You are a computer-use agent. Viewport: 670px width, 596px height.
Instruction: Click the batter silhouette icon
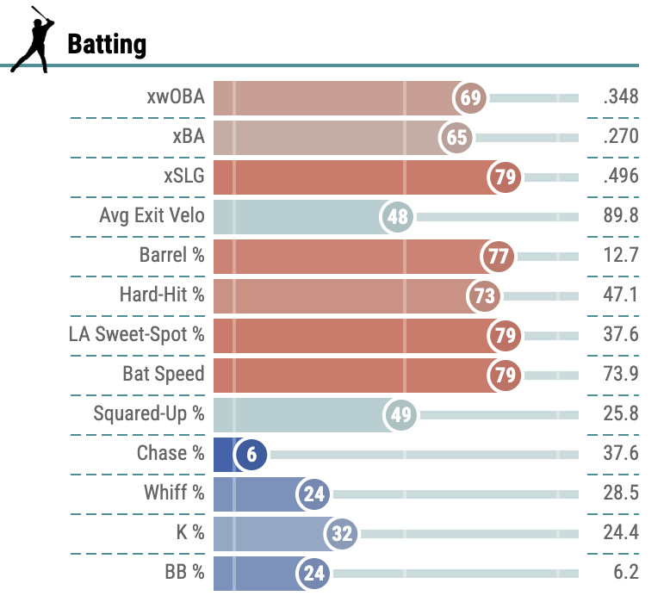32,39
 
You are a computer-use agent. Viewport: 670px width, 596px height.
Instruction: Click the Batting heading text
107,44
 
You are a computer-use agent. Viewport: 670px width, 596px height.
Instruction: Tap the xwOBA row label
176,97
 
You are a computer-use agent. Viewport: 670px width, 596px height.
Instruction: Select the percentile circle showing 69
470,97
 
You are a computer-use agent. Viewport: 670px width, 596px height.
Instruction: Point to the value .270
621,137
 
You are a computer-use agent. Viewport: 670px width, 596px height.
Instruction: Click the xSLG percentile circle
505,177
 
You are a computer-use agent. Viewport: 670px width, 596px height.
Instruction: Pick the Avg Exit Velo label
152,215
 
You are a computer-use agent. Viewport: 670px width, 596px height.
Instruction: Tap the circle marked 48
397,216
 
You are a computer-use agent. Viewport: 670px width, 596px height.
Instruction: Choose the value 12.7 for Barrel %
621,255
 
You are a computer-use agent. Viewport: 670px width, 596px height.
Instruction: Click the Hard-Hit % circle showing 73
485,295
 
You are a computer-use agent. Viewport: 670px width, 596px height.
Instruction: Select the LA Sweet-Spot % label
137,334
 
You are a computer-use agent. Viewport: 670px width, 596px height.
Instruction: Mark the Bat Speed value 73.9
621,374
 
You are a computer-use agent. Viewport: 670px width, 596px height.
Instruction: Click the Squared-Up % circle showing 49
400,414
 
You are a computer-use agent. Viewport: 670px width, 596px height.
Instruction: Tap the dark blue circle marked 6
251,454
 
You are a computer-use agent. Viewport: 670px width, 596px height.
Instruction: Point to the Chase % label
171,453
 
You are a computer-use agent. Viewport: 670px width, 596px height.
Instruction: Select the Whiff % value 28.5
621,493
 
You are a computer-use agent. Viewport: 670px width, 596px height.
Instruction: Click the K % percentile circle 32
342,533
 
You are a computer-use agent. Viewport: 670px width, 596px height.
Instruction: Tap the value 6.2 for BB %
626,572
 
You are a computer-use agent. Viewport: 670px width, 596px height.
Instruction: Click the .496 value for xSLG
621,177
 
